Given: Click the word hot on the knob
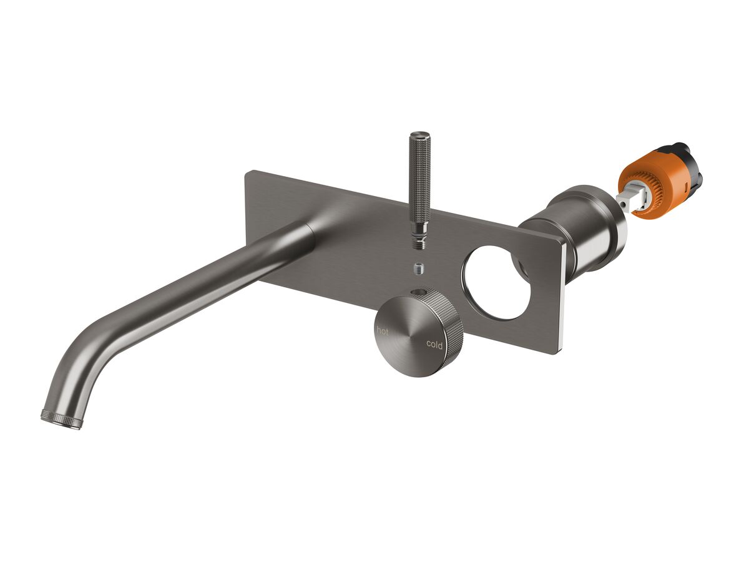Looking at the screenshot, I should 382,332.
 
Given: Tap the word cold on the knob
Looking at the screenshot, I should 434,344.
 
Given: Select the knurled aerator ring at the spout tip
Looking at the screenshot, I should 61,419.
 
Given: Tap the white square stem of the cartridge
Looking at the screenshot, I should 624,202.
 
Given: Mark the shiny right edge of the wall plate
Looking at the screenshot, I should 564,293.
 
